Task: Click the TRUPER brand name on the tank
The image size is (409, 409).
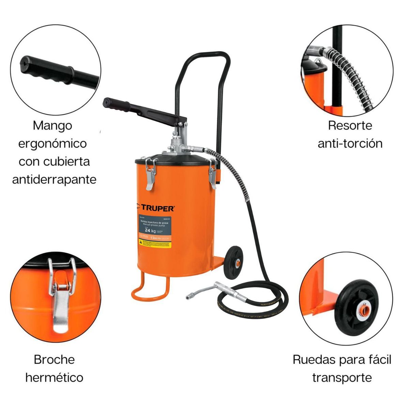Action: point(157,208)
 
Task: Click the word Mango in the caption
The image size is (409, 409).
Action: point(53,125)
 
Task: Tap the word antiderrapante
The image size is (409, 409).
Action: point(54,179)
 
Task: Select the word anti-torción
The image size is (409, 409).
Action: point(350,143)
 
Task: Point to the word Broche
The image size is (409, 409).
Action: point(54,359)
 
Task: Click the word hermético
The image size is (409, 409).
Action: point(54,377)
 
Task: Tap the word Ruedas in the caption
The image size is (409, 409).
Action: point(314,360)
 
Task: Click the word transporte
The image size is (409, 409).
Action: point(342,378)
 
